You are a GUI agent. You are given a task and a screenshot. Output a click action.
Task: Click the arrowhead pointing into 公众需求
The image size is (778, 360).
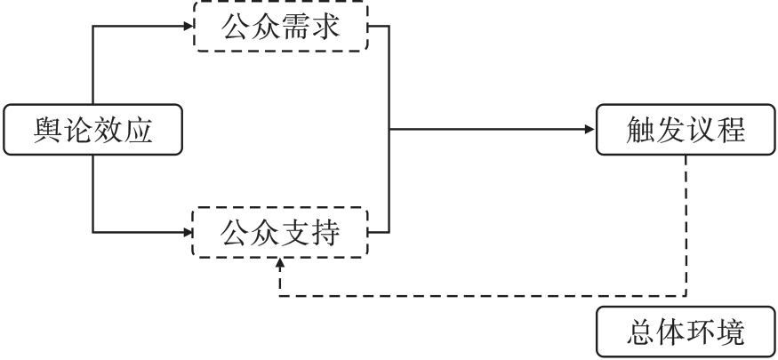pyautogui.click(x=188, y=26)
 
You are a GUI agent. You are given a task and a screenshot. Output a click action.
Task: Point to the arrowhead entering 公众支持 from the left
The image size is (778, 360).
pyautogui.click(x=188, y=232)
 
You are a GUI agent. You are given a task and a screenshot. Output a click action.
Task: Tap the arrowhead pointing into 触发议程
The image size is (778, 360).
pyautogui.click(x=590, y=130)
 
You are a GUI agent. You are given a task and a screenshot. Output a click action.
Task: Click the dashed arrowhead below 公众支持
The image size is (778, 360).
pyautogui.click(x=280, y=263)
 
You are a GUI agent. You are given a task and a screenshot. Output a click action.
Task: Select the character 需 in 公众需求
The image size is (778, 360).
pyautogui.click(x=296, y=27)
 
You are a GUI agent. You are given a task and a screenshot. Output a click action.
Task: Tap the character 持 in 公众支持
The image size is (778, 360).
pyautogui.click(x=325, y=233)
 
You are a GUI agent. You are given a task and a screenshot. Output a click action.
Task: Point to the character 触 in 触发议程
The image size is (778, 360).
pyautogui.click(x=640, y=130)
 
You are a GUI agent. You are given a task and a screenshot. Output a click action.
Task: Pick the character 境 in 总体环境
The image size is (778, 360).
pyautogui.click(x=730, y=332)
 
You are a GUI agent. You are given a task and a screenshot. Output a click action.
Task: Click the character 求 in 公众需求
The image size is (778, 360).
pyautogui.click(x=325, y=27)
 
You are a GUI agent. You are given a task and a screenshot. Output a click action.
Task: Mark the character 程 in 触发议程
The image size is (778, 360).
pyautogui.click(x=730, y=130)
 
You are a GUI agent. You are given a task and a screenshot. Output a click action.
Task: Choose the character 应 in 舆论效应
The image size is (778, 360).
pyautogui.click(x=138, y=130)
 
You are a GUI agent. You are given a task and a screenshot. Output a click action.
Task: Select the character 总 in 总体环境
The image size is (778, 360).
pyautogui.click(x=640, y=332)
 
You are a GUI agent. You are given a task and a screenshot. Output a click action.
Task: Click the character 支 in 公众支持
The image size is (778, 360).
pyautogui.click(x=296, y=233)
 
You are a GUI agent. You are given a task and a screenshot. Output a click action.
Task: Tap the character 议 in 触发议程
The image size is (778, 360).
pyautogui.click(x=700, y=130)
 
